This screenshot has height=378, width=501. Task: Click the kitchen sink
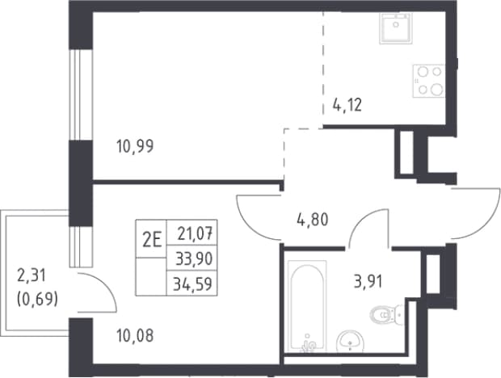(396, 28)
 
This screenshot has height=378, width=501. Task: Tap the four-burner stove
(428, 81)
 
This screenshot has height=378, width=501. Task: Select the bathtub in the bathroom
(307, 306)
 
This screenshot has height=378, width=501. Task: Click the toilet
(387, 314)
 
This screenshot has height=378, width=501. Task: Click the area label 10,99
(135, 146)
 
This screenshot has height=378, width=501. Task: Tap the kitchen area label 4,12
(347, 105)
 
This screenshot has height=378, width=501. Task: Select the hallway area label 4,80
(313, 220)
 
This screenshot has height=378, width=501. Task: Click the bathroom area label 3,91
(368, 282)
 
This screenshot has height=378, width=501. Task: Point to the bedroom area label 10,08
(135, 335)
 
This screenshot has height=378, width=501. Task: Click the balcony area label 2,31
(32, 275)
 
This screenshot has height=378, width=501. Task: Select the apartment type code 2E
(151, 241)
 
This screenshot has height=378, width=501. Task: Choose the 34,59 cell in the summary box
(192, 283)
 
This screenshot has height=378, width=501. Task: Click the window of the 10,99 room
(81, 94)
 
